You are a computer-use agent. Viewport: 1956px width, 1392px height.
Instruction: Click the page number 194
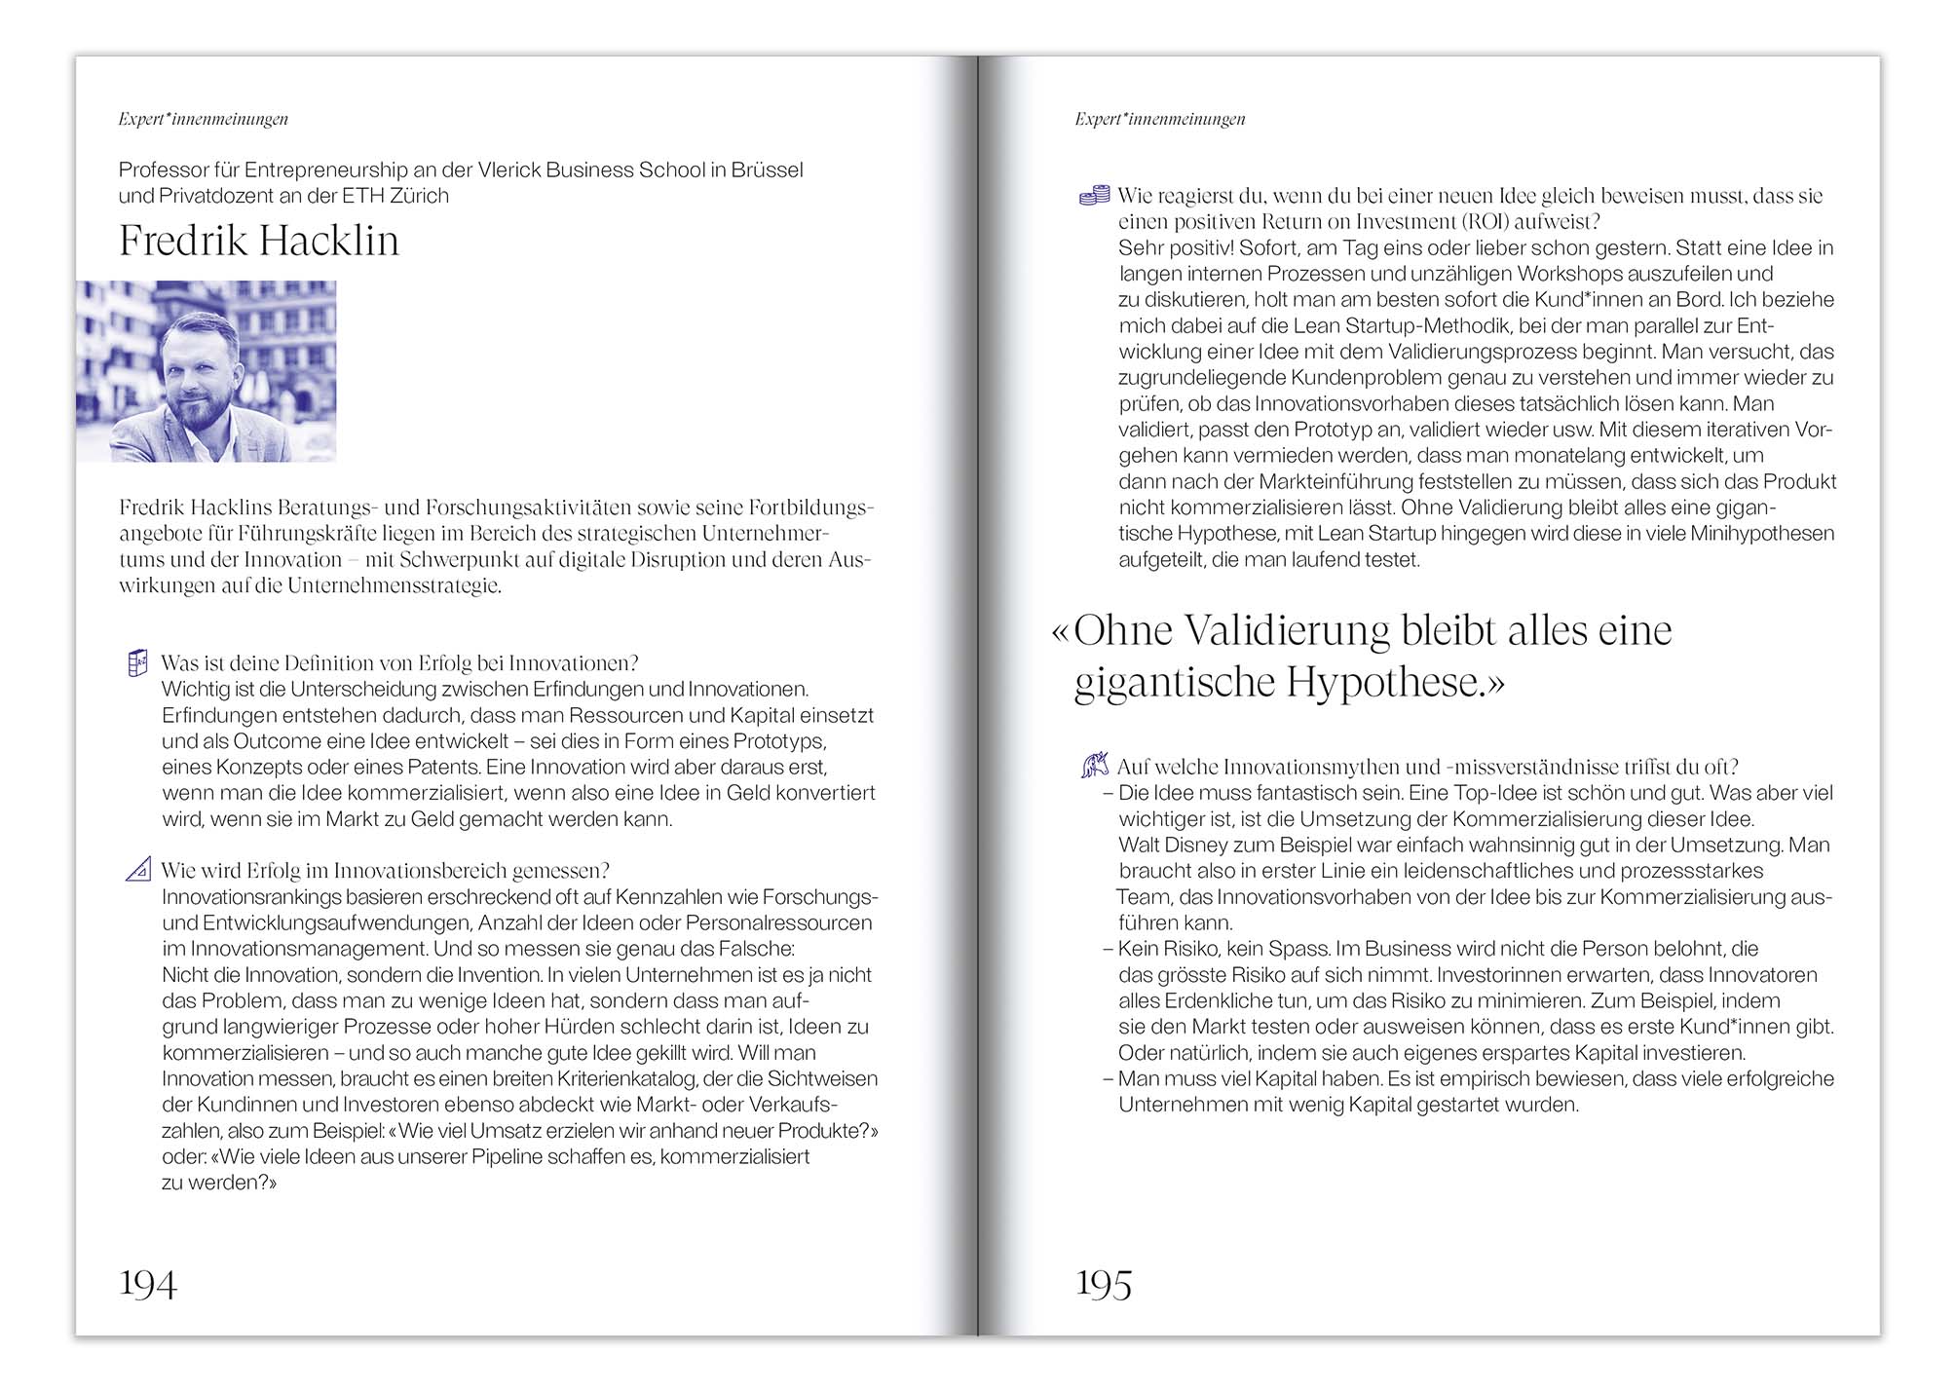point(148,1284)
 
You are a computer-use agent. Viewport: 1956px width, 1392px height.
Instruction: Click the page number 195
point(1104,1284)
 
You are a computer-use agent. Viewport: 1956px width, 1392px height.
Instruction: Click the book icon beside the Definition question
point(137,663)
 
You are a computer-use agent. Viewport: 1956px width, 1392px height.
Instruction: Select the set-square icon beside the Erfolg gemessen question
point(138,869)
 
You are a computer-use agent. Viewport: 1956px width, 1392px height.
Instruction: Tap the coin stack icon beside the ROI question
point(1095,196)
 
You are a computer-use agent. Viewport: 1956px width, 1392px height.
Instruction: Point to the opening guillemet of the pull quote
point(1060,632)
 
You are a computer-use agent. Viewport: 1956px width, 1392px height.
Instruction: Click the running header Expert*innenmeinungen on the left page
point(204,119)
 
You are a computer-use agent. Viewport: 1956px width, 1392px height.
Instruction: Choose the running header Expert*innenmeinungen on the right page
point(1160,119)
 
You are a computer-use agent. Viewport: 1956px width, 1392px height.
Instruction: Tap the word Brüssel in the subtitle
point(768,169)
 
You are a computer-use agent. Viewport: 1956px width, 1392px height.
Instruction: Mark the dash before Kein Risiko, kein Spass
point(1109,949)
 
